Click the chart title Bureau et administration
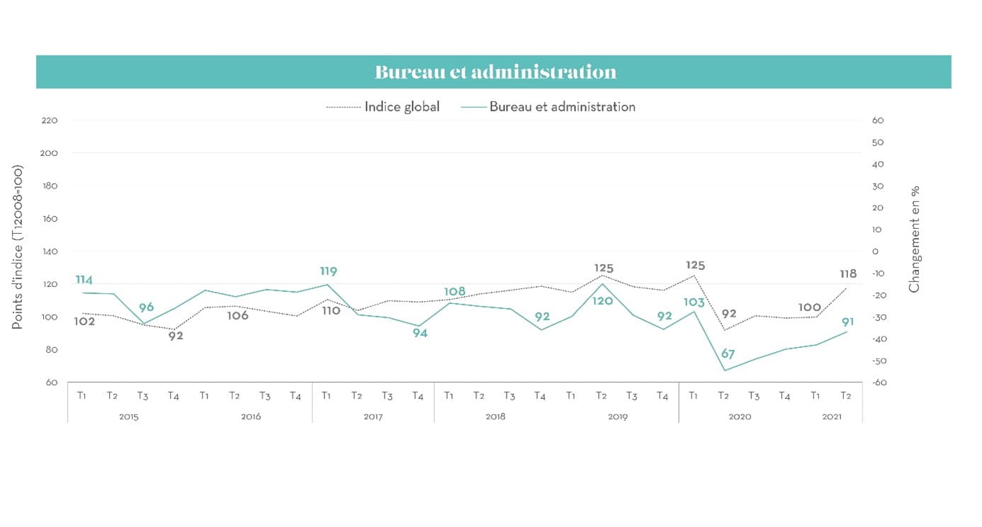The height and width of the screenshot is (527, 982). tap(495, 72)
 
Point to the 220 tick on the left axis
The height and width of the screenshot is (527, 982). tap(49, 120)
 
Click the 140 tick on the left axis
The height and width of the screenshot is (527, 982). tap(49, 251)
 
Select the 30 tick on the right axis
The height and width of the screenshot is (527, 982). tap(878, 186)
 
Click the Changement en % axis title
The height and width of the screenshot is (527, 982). tap(914, 239)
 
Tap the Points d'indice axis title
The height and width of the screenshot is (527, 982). tap(17, 247)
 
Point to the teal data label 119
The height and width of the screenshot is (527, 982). tap(328, 271)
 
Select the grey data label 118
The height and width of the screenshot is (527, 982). tap(848, 273)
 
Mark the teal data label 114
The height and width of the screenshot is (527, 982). tap(84, 280)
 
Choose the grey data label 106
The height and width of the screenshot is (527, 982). tap(238, 316)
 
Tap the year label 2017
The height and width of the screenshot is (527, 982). tap(373, 416)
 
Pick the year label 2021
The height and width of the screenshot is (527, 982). tap(832, 416)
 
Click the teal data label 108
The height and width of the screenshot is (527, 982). tap(455, 292)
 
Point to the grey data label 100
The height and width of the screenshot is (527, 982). tap(810, 307)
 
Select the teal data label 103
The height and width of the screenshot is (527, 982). tap(694, 302)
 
